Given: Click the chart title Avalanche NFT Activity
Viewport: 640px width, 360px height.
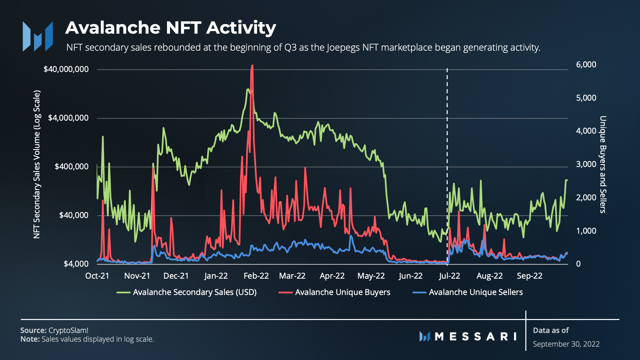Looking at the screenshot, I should click(170, 28).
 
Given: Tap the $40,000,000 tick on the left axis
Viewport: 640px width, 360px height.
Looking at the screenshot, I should click(66, 69).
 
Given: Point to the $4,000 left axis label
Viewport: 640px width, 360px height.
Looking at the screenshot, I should click(76, 264).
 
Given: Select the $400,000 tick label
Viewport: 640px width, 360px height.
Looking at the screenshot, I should click(72, 167).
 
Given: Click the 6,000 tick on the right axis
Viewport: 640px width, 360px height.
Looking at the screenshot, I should click(586, 65).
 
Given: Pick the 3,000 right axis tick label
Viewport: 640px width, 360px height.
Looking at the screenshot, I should click(586, 164).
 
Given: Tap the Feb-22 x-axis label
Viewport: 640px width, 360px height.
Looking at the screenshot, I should click(256, 276).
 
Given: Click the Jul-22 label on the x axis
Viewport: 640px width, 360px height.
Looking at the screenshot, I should click(449, 276).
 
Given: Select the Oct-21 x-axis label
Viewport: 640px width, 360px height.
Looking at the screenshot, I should click(97, 276).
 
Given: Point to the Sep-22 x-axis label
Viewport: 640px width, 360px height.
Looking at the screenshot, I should click(529, 276).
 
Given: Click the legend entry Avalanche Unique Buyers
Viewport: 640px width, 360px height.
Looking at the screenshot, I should click(342, 292).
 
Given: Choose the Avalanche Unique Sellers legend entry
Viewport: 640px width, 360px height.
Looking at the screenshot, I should click(476, 292).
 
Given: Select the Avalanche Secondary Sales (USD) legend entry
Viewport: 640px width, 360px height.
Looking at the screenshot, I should click(195, 292).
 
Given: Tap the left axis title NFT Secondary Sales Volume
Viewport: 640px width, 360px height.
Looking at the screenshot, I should click(37, 164).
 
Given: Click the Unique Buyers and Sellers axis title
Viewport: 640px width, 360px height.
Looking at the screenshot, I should click(603, 164).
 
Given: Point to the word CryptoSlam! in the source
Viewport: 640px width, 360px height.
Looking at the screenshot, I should click(68, 330).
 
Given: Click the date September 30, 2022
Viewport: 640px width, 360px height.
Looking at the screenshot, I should click(566, 344).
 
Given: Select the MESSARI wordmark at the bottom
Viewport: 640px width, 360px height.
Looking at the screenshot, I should click(468, 336).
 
